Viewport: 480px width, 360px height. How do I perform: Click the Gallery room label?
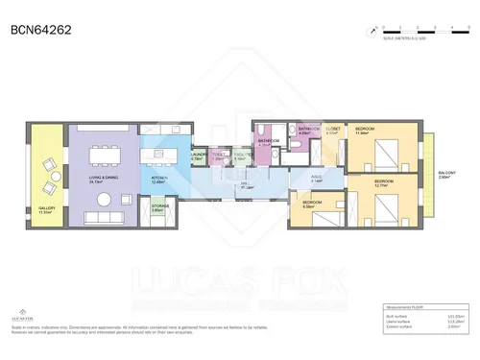47,210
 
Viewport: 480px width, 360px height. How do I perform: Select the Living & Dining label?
103,179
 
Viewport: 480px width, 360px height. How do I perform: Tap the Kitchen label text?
158,180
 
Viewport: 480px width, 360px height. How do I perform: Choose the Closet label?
333,131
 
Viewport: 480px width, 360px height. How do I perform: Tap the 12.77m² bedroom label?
384,182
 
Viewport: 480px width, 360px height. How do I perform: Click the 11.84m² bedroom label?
366,131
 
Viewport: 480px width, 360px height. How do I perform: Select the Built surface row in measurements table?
421,316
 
